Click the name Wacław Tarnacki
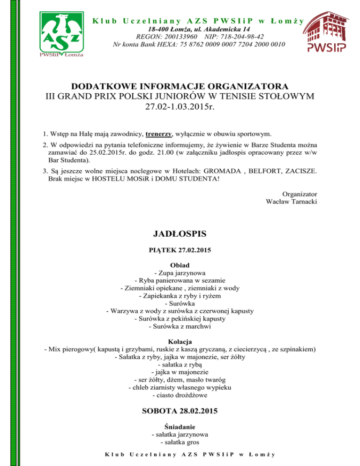click(x=291, y=202)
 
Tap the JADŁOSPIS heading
click(x=180, y=233)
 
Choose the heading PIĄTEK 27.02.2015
click(x=180, y=250)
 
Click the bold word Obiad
click(x=180, y=265)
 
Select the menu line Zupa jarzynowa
click(x=180, y=273)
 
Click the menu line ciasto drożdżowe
click(x=180, y=395)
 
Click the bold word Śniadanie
click(x=180, y=427)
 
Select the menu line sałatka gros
click(x=180, y=442)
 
